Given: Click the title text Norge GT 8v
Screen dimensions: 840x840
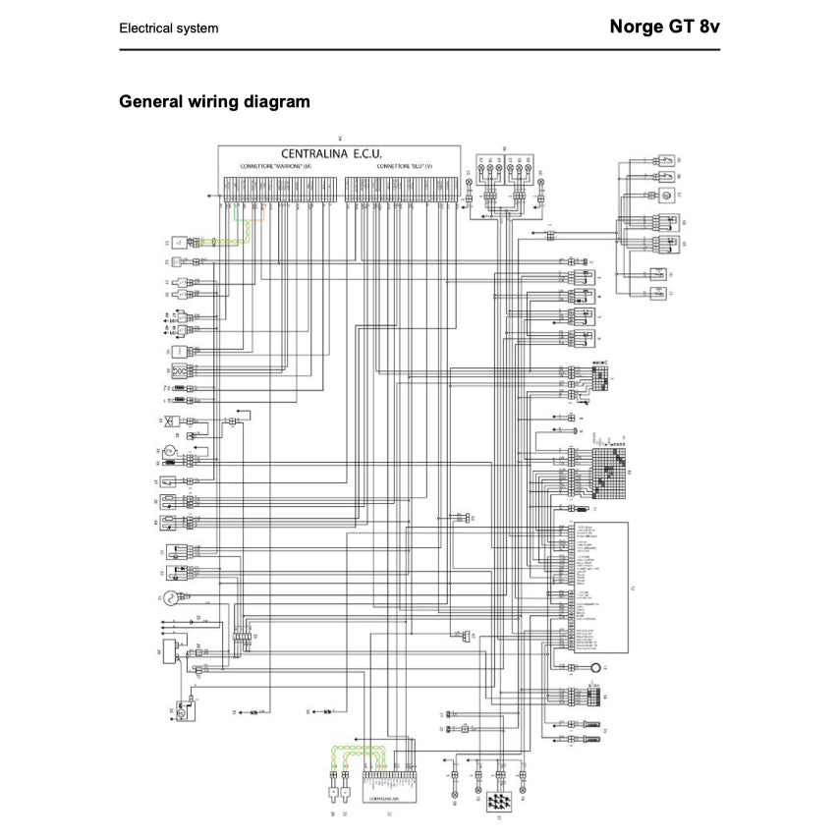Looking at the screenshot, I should [x=664, y=28].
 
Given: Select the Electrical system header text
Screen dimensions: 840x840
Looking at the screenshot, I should [x=169, y=28].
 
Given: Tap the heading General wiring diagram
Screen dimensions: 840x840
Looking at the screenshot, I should [x=214, y=101].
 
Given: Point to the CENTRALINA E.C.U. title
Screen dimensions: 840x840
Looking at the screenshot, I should [x=331, y=154].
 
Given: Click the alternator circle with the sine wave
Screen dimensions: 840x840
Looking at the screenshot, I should [x=168, y=597].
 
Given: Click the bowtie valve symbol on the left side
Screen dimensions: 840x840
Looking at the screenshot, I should [x=172, y=421].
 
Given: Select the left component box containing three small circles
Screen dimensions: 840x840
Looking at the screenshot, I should [x=180, y=371].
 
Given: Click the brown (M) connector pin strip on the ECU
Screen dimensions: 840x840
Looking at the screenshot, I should [x=277, y=189].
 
